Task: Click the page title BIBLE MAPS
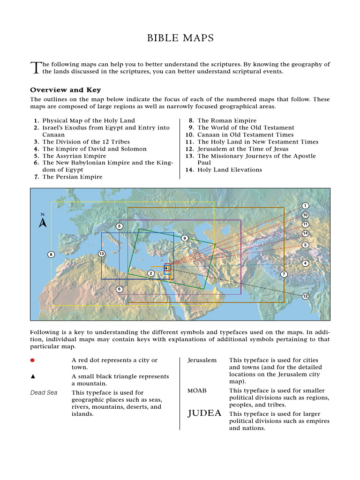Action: click(180, 38)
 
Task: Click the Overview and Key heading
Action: click(65, 90)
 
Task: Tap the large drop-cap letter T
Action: click(35, 68)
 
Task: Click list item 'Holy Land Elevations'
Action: click(229, 170)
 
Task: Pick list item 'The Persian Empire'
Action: click(72, 177)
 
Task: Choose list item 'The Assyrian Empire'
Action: click(74, 156)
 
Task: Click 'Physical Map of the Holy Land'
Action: click(88, 120)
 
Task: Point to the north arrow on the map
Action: click(43, 221)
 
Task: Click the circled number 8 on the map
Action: click(51, 255)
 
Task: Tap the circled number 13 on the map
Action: click(101, 254)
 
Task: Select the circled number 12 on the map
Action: click(305, 296)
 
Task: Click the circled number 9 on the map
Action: click(185, 238)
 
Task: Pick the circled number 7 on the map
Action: click(284, 274)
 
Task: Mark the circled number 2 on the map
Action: click(150, 273)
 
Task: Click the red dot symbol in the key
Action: click(32, 360)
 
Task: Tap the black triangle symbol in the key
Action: click(32, 376)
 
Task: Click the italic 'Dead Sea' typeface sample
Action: click(44, 393)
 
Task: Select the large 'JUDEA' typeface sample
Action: click(204, 413)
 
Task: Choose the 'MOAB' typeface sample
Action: click(197, 390)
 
